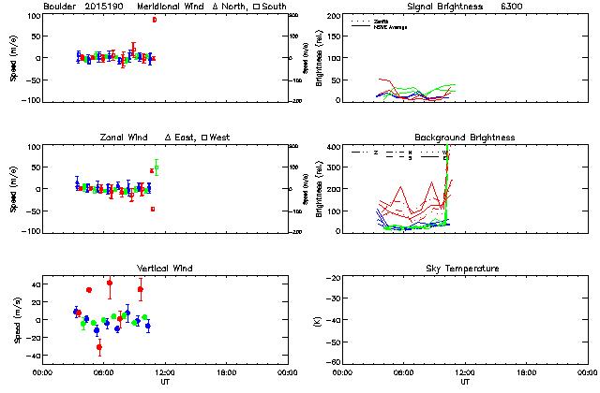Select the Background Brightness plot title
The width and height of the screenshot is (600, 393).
[464, 138]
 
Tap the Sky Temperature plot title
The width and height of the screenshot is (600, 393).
[464, 269]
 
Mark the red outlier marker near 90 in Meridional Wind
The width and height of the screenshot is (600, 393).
[155, 20]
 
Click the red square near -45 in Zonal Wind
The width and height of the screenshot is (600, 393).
[153, 209]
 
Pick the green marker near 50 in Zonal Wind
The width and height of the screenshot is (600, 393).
[157, 167]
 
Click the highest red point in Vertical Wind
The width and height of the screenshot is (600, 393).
[110, 283]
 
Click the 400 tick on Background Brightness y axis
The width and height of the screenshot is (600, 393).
[333, 147]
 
